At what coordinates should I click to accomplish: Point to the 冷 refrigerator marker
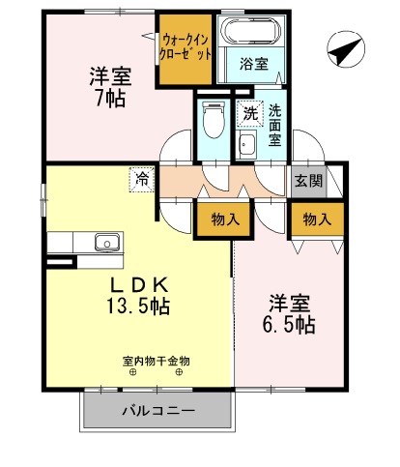[x=142, y=179]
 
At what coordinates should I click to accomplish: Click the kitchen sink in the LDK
[x=101, y=242]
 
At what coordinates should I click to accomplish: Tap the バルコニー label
[x=158, y=411]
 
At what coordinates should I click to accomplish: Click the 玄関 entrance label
[x=309, y=181]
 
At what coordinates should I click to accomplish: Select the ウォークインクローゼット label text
[x=186, y=45]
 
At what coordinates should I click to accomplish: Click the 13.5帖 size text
[x=139, y=306]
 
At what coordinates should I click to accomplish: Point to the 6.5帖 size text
[x=291, y=325]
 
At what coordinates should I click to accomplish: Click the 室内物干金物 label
[x=156, y=362]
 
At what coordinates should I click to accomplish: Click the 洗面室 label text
[x=275, y=125]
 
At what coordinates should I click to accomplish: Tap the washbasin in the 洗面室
[x=246, y=146]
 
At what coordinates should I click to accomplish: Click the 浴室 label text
[x=254, y=65]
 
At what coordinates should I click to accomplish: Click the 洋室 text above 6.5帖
[x=291, y=303]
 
